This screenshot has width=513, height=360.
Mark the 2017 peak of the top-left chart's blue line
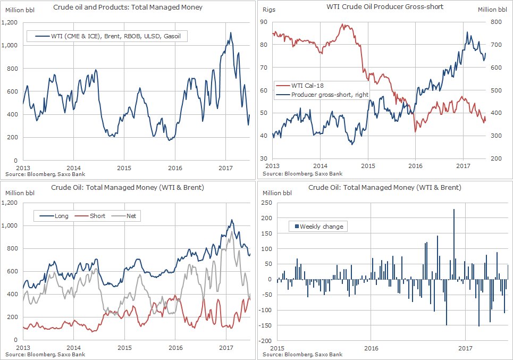pyautogui.click(x=230, y=34)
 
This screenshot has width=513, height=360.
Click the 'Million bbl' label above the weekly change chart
pyautogui.click(x=277, y=193)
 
